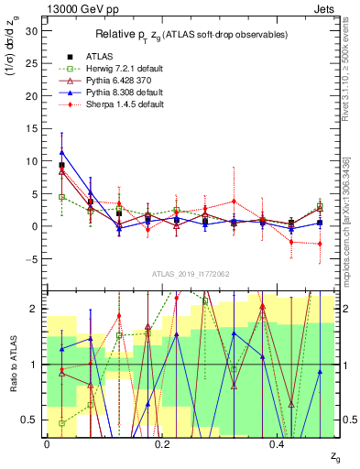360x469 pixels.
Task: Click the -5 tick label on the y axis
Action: click(x=32, y=259)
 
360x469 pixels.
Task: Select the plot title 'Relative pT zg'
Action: click(x=191, y=35)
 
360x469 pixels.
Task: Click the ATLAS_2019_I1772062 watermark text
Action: click(x=192, y=273)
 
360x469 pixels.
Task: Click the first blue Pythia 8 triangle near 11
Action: click(x=61, y=152)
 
